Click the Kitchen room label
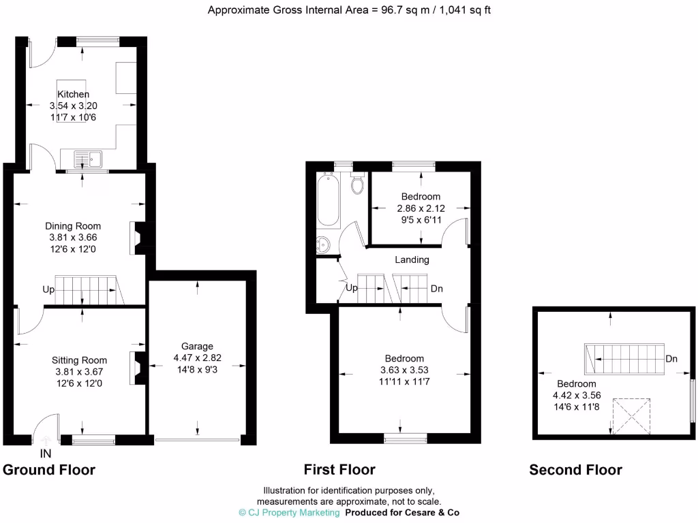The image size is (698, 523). tap(73, 94)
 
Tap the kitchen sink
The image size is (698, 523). tap(89, 159)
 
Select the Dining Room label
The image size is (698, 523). tap(73, 226)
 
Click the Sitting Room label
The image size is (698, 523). tap(79, 360)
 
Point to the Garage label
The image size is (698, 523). tap(197, 346)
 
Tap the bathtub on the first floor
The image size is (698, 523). tap(328, 200)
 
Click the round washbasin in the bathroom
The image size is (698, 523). tap(323, 244)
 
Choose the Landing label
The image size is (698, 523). tap(412, 259)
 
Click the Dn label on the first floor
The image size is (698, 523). tap(436, 289)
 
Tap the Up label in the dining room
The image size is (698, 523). tap(48, 289)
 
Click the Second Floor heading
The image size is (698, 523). tap(575, 470)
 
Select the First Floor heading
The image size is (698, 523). tap(339, 470)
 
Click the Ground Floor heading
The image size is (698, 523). tap(49, 470)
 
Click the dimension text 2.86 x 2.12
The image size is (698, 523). tap(420, 208)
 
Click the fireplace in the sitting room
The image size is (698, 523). tap(138, 368)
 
